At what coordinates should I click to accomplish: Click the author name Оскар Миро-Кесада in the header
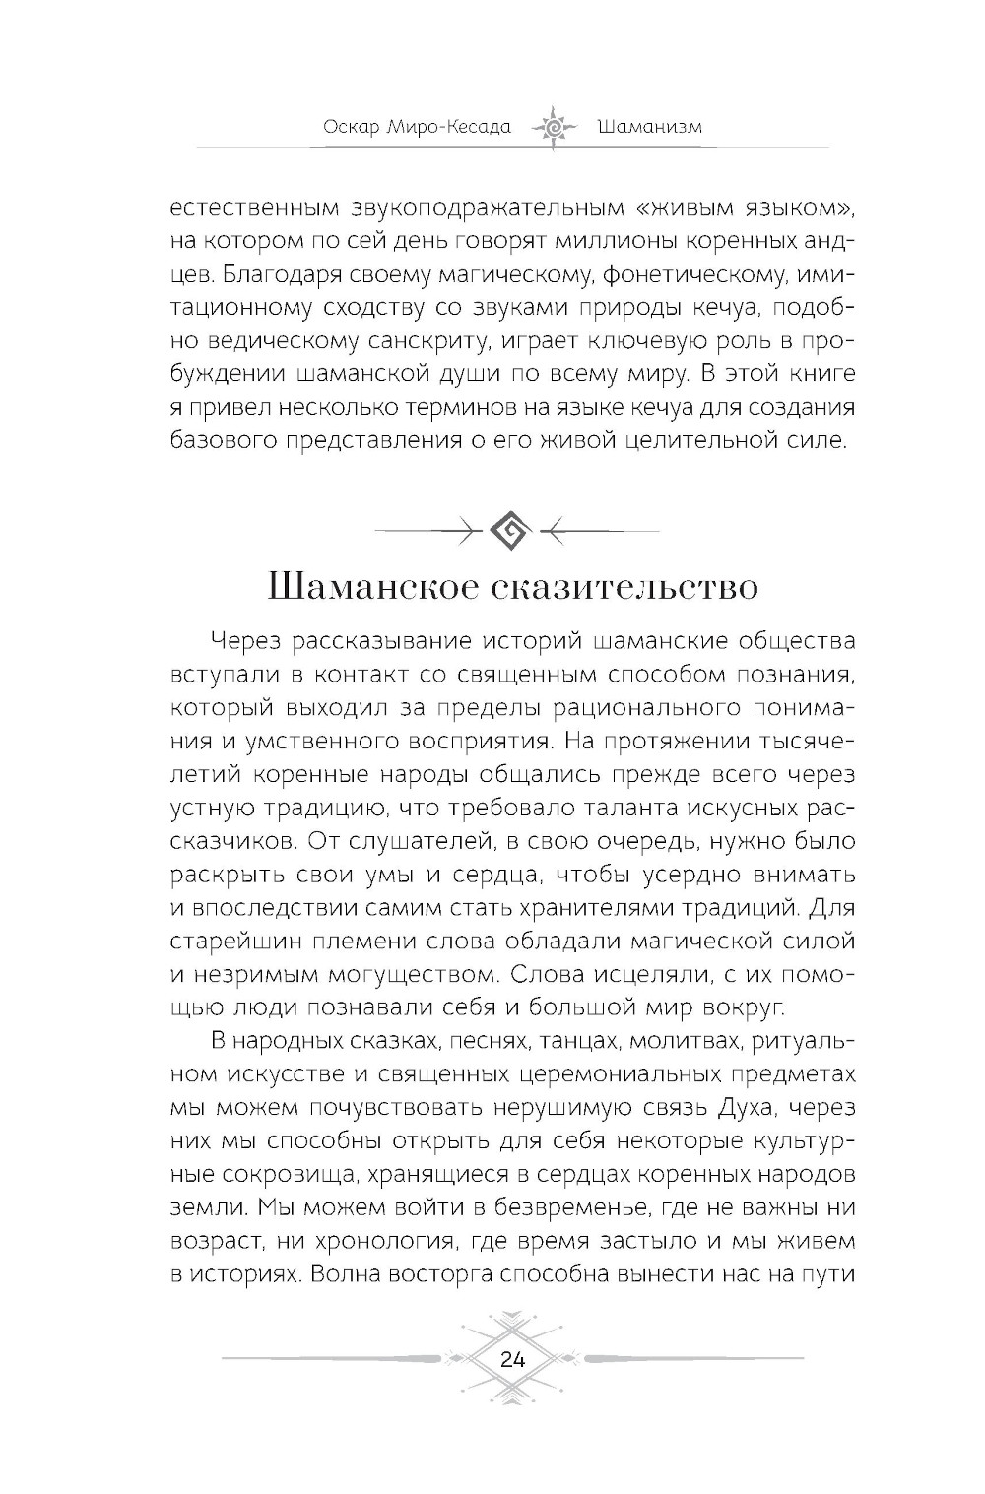coord(417,128)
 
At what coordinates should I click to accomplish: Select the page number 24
coord(512,1360)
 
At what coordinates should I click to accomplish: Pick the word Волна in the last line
coord(351,1272)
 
